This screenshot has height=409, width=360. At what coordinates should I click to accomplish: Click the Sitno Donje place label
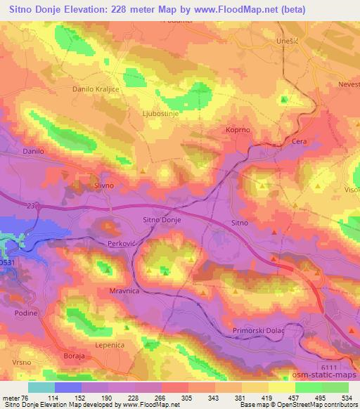162,220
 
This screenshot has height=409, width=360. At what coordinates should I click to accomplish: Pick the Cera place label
300,141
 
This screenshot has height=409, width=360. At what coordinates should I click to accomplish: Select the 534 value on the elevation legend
345,397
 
